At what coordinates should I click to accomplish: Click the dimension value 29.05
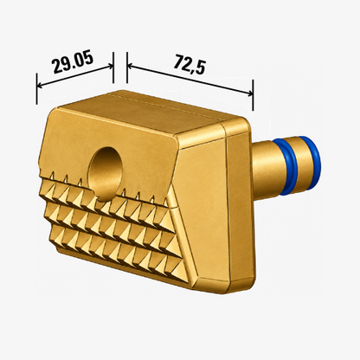tap(74, 62)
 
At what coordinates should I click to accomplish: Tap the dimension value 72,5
tap(190, 65)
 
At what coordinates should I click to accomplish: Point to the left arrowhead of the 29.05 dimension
tap(40, 85)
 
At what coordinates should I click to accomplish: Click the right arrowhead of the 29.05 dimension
tap(110, 66)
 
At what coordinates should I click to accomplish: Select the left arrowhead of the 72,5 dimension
tap(130, 67)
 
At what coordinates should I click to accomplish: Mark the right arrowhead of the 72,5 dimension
tap(250, 93)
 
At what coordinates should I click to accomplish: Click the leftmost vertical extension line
tap(36, 88)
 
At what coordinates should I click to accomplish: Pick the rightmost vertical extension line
tap(253, 95)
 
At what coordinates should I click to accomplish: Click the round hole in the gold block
tap(106, 172)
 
